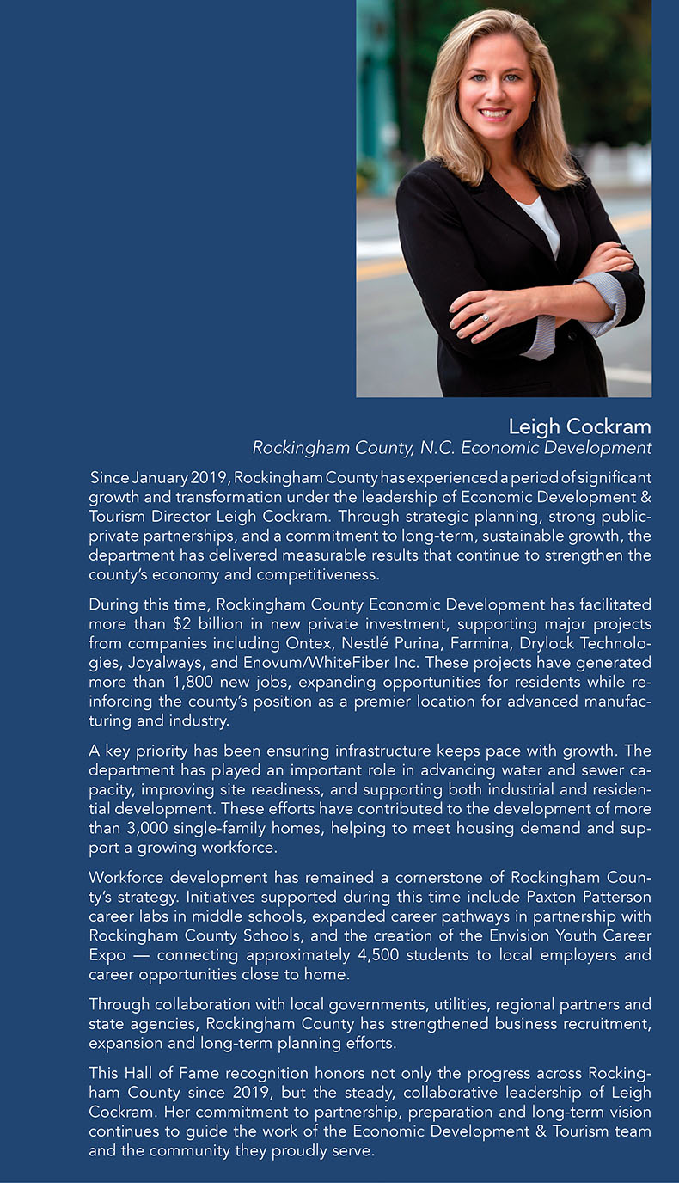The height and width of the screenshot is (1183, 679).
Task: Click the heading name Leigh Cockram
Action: tap(579, 426)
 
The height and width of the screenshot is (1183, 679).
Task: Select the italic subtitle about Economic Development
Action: tap(451, 448)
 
